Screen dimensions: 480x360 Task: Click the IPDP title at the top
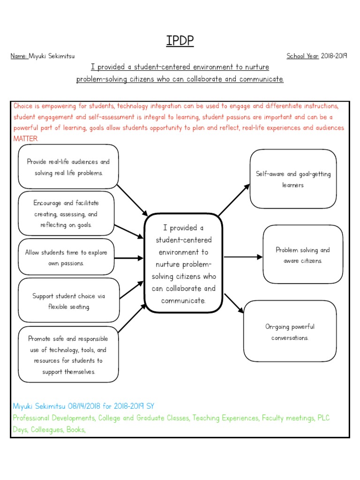(x=180, y=41)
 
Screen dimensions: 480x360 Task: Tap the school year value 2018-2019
(x=334, y=56)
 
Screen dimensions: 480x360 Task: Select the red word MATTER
(x=25, y=139)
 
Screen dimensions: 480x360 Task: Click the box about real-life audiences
(x=68, y=167)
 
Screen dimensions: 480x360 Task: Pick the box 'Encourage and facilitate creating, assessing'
(x=66, y=214)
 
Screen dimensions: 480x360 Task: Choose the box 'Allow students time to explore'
(x=66, y=258)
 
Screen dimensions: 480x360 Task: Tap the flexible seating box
(x=68, y=301)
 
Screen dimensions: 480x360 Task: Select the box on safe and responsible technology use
(x=68, y=355)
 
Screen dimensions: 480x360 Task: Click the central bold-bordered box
(x=183, y=264)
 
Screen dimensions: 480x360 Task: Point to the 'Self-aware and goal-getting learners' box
(x=293, y=179)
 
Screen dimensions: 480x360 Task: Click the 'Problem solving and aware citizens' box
(x=302, y=255)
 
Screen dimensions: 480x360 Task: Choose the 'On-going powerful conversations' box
(x=290, y=332)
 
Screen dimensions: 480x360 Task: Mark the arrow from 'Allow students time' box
(x=128, y=258)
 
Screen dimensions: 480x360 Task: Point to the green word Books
(x=76, y=429)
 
